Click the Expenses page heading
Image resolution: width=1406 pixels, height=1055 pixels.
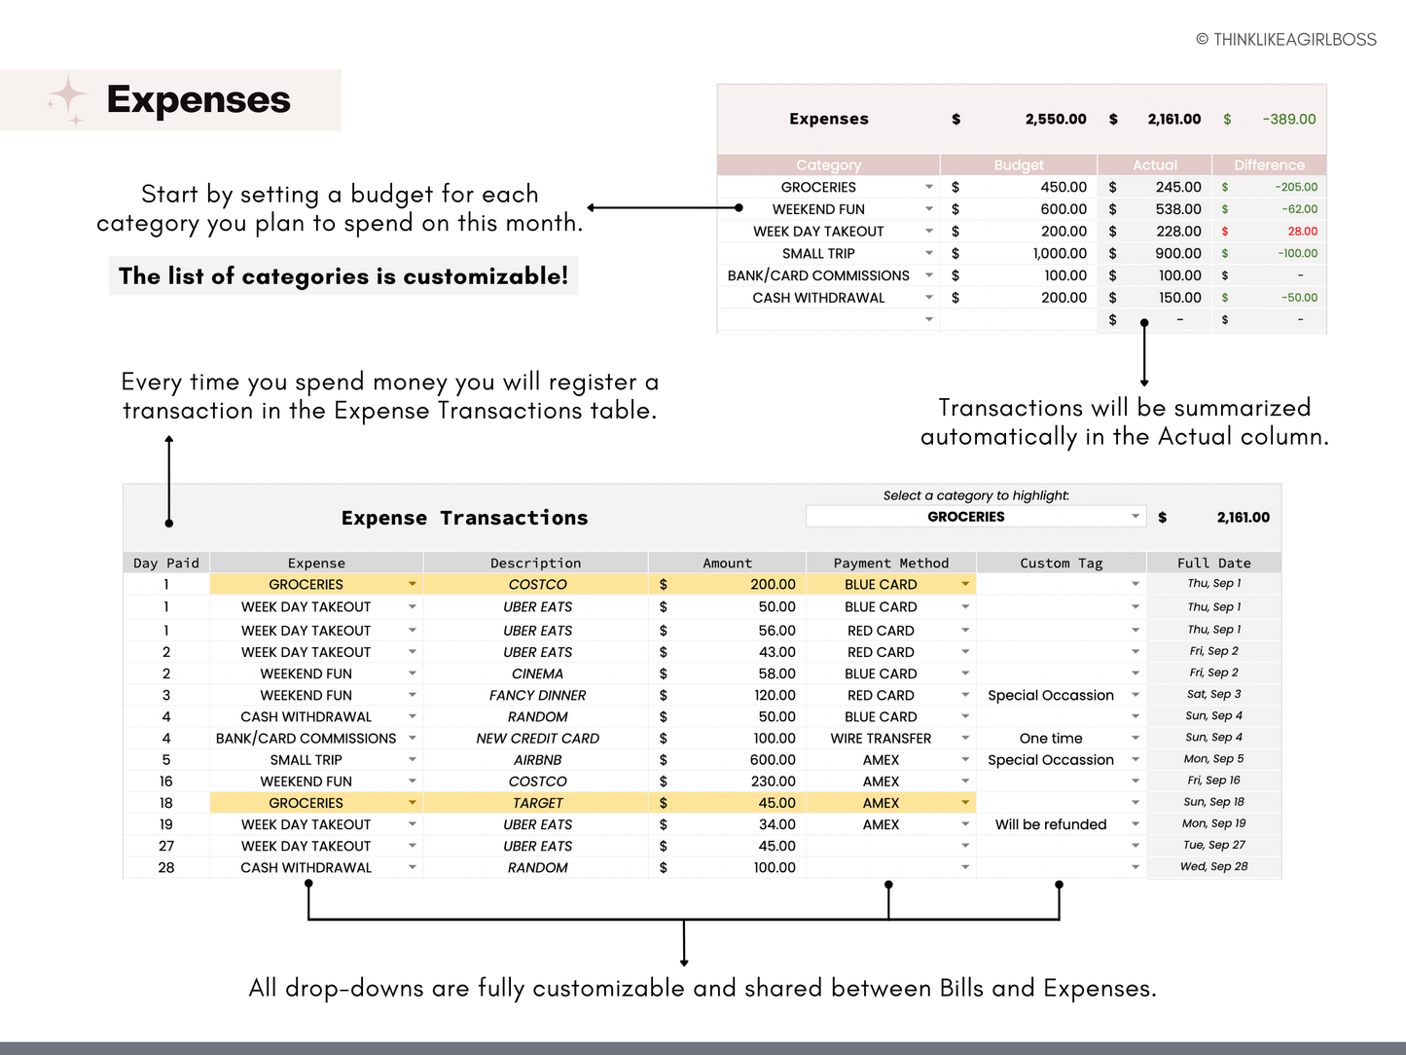point(198,100)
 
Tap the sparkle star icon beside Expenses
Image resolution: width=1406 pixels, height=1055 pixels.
point(68,98)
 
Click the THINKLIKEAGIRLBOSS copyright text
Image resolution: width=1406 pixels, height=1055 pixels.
point(1285,40)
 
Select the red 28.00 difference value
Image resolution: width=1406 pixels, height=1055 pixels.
point(1302,232)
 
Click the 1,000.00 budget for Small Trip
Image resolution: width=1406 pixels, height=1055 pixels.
point(1060,254)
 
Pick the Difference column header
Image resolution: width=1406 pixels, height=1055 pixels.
point(1269,165)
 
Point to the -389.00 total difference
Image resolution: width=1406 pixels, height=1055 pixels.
point(1288,120)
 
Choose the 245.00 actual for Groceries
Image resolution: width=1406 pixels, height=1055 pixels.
point(1178,187)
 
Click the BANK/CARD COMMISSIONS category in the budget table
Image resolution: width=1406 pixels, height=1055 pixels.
point(818,276)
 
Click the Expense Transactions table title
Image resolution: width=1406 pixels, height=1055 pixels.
point(464,519)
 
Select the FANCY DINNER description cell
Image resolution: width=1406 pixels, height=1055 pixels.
point(537,696)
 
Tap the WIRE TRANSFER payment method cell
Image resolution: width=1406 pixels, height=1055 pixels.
point(881,739)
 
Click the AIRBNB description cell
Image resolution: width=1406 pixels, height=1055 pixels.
point(537,760)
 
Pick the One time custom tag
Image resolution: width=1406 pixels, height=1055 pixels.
point(1051,739)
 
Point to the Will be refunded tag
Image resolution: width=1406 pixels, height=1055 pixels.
point(1051,824)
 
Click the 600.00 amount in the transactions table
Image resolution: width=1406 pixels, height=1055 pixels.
point(773,760)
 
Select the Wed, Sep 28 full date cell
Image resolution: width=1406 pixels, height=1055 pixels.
point(1213,867)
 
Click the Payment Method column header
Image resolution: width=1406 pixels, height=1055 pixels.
point(890,564)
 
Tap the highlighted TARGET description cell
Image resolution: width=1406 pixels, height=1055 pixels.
point(537,803)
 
